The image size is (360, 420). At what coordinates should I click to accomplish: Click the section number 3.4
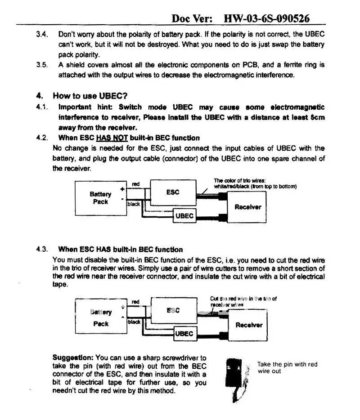point(42,35)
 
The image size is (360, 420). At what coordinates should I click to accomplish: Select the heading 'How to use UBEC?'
point(90,95)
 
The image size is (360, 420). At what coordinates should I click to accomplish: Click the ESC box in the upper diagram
point(173,192)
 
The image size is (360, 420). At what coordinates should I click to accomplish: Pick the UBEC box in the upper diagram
point(184,216)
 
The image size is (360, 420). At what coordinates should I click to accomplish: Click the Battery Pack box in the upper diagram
point(100,198)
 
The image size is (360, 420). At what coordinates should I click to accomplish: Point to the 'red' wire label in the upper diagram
point(136,184)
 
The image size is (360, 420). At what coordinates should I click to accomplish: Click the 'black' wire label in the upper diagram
point(134,204)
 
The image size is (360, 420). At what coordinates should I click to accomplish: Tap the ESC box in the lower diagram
point(173,310)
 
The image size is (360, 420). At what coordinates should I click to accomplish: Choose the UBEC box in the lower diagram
point(184,334)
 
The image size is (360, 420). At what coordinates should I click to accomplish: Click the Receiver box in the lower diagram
point(248,325)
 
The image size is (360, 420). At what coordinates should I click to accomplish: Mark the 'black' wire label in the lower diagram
point(134,322)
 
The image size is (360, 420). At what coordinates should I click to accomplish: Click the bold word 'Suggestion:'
point(73,357)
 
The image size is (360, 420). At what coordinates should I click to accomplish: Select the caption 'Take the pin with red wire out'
point(287,367)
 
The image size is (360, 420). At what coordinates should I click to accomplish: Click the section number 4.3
point(42,249)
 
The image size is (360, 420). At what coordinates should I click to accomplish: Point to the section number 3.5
point(42,65)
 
